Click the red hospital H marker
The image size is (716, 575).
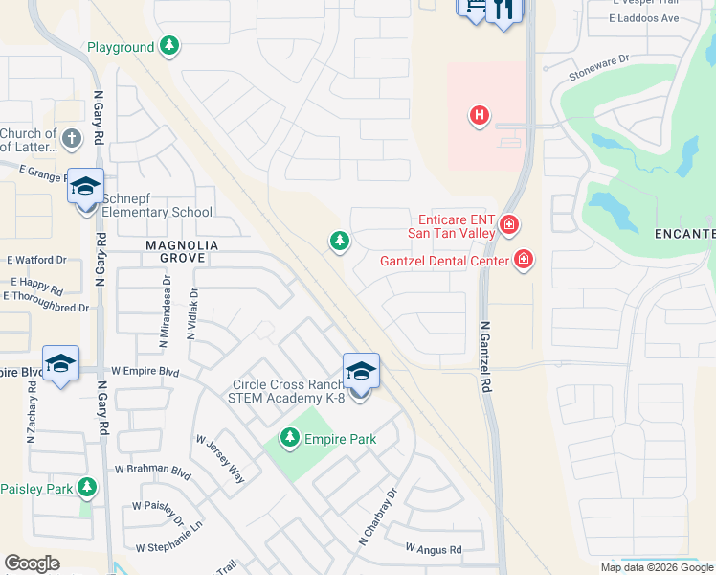coord(480,117)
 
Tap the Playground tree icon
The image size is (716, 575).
coord(169,46)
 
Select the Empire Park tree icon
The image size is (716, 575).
coord(289,438)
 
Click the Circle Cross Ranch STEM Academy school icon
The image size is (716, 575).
coord(361,371)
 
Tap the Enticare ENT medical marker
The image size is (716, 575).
coord(509,226)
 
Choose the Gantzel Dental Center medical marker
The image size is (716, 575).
coord(523,259)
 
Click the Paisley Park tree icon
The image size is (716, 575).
coord(87,488)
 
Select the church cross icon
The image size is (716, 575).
coord(71,140)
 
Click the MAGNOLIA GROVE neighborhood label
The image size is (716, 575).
coord(182,246)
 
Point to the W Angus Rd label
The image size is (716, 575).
coord(433,549)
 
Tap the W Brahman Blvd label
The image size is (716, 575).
coord(153,470)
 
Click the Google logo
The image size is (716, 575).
coord(32,563)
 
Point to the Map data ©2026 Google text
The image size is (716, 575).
coord(656,567)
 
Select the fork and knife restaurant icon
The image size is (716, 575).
coord(503,10)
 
